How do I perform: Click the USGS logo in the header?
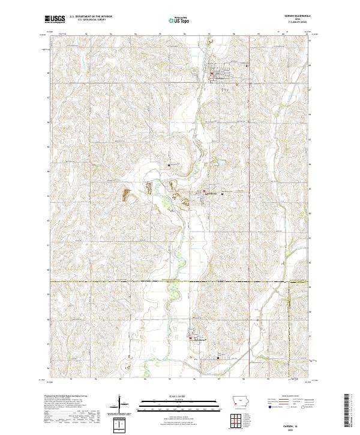pyautogui.click(x=55, y=20)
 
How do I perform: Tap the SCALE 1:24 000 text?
pyautogui.click(x=175, y=397)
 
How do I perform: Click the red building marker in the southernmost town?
pyautogui.click(x=191, y=340)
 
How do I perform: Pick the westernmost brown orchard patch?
pyautogui.click(x=126, y=194)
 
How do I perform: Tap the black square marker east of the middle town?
pyautogui.click(x=223, y=194)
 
